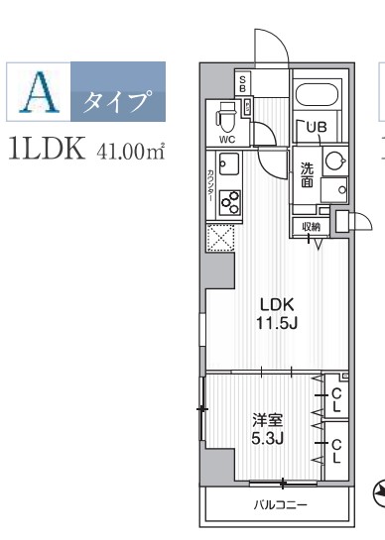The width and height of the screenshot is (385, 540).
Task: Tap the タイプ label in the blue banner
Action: click(117, 100)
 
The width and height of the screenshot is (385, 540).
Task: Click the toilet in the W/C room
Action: click(226, 121)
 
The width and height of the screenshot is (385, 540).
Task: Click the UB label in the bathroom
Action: click(316, 127)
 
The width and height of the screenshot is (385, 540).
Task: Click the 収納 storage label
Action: click(311, 227)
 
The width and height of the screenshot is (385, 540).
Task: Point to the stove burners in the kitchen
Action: click(230, 201)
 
